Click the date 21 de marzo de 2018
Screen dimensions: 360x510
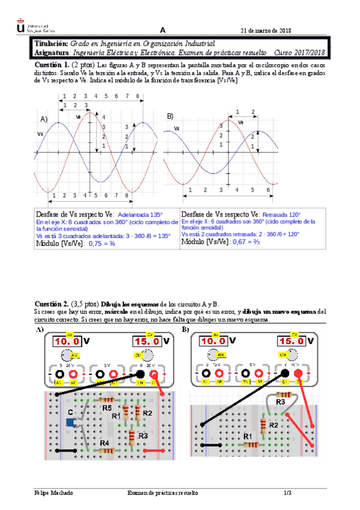266,31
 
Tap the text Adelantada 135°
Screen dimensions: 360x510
141,215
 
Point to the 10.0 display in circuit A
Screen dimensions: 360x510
66,340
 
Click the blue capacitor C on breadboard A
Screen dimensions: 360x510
71,423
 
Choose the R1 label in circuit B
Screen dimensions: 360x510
246,437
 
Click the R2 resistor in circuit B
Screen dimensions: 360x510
264,426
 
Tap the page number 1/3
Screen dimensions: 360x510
287,493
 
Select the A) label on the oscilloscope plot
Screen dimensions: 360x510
43,119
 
